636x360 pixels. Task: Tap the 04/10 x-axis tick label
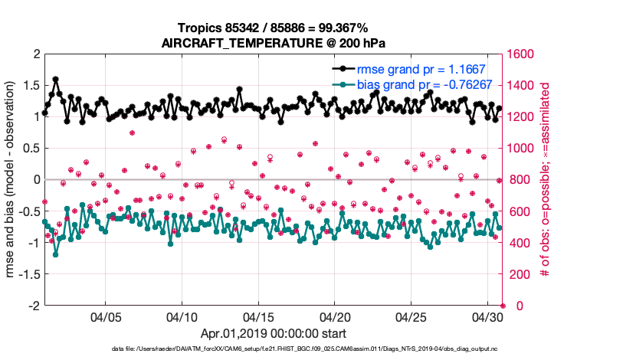(182, 316)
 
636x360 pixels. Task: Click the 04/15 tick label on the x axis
(258, 316)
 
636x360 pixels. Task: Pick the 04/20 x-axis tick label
(335, 316)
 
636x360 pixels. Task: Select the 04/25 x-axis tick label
(411, 316)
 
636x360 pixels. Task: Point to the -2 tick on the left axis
(33, 306)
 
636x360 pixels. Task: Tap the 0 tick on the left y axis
(36, 180)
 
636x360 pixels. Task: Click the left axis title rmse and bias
(13, 180)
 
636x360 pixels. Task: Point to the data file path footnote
(272, 349)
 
